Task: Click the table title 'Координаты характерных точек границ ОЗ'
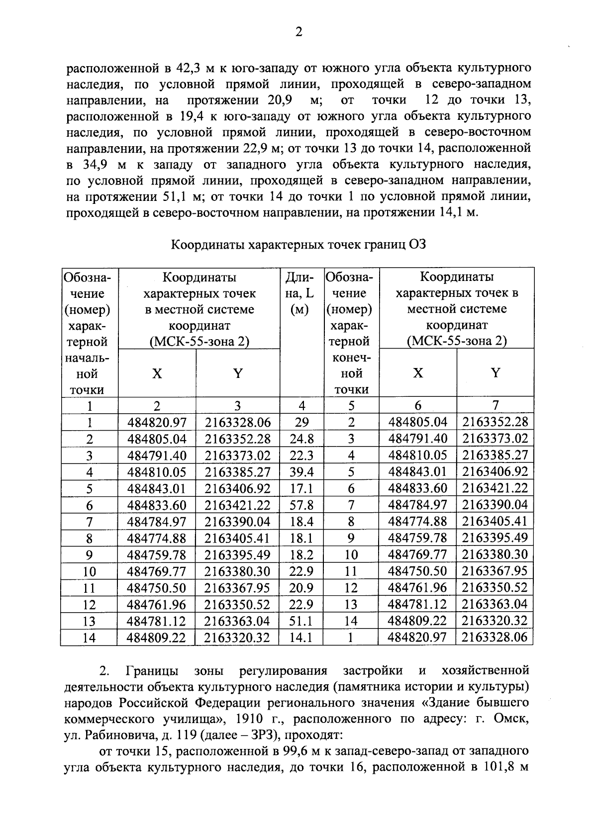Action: coord(298,245)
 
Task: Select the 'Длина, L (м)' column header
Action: coord(301,293)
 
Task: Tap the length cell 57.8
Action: coord(301,505)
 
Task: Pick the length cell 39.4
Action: coord(301,471)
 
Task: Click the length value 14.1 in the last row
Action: coord(301,637)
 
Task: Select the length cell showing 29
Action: coord(301,422)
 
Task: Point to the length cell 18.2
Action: coord(301,554)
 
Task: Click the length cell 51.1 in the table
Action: coord(301,621)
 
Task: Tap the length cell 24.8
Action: coord(301,439)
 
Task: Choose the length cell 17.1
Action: coord(301,488)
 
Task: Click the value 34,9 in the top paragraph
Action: coord(94,165)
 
